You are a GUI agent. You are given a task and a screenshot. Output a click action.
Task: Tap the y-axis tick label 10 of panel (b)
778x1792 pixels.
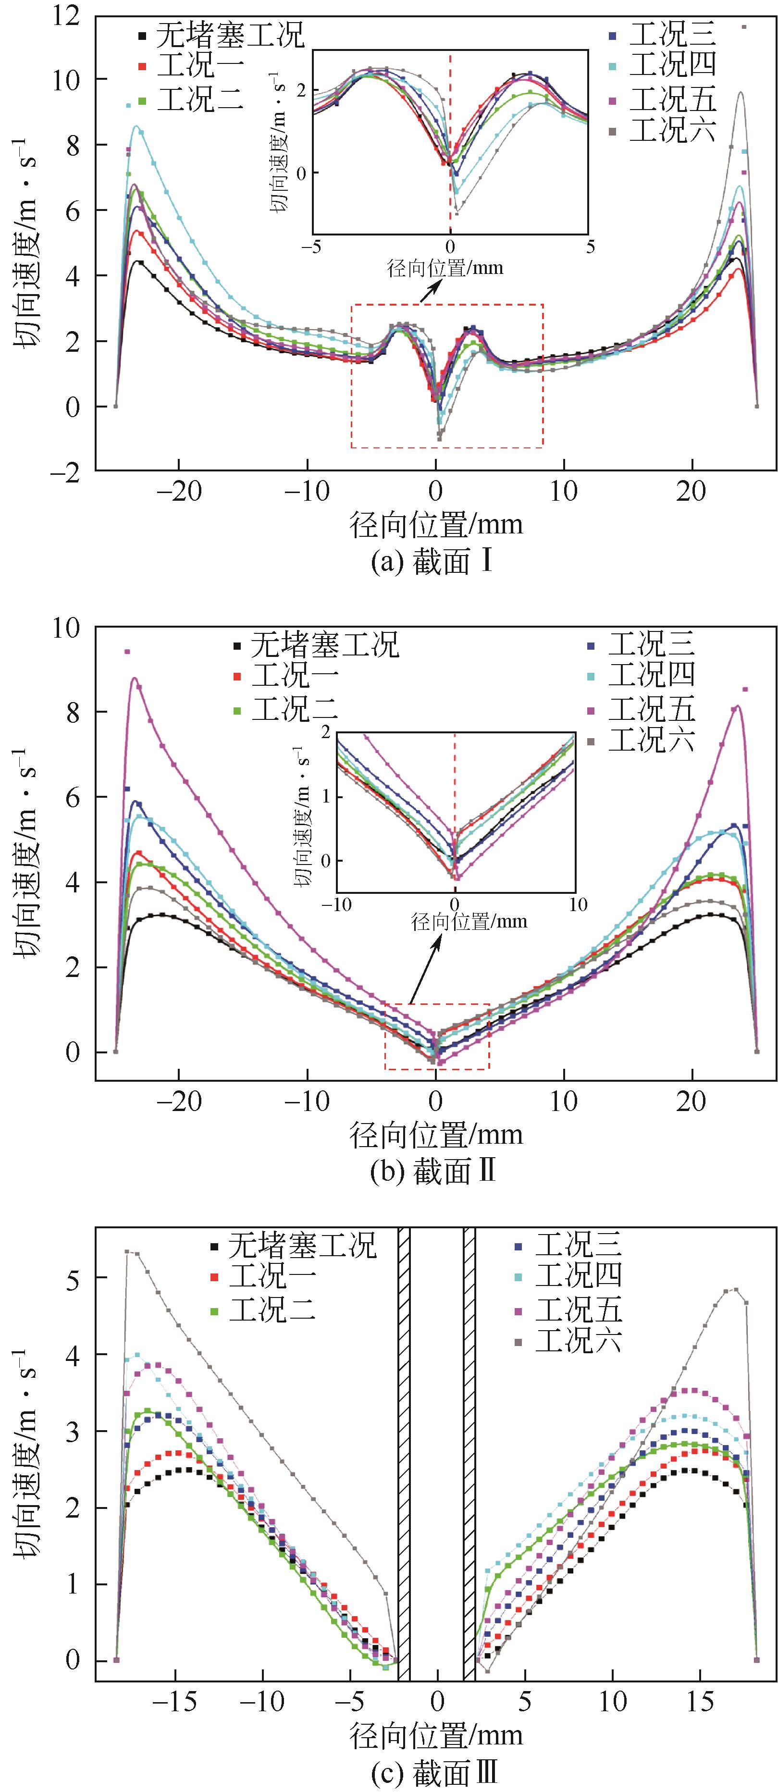(x=68, y=628)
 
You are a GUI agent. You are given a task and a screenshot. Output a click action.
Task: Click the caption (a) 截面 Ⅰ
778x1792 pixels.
(x=433, y=562)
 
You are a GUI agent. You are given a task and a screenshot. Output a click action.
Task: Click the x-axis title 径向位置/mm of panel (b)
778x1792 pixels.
(x=436, y=1135)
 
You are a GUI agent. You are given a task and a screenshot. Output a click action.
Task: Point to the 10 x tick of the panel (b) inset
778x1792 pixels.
(x=578, y=904)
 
